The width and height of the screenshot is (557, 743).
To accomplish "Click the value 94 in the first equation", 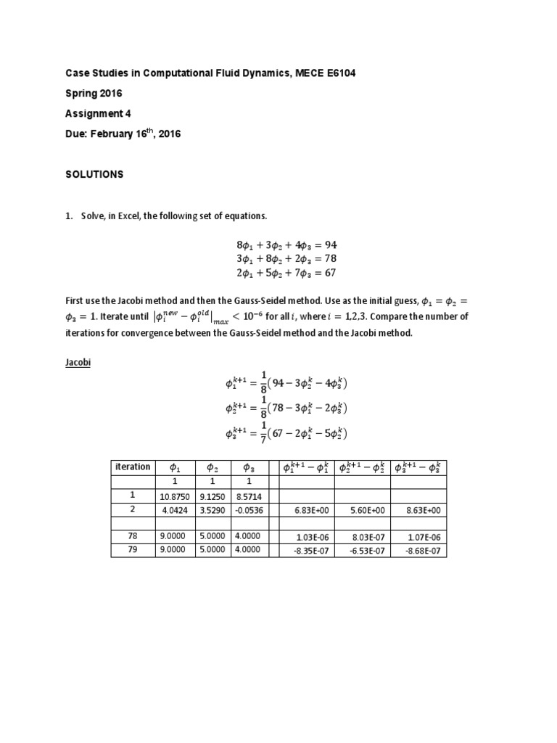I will click(331, 245).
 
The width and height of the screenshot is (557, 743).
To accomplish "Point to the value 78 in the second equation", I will click(331, 259).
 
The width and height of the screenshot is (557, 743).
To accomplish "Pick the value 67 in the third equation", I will click(331, 274).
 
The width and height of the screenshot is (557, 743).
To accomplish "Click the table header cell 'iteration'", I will click(133, 467).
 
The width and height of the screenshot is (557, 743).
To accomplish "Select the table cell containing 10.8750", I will click(175, 496).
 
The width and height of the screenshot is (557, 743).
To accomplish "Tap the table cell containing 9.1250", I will click(213, 496).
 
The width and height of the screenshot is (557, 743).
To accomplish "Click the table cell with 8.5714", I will click(249, 496).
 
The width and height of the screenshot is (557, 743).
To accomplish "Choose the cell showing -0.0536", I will click(249, 510).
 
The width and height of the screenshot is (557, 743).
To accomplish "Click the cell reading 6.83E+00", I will click(313, 510).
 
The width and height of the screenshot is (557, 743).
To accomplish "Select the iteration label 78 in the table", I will click(133, 536).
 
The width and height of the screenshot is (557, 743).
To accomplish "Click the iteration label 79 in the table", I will click(133, 550).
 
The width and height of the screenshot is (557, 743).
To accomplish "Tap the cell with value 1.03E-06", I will click(313, 537).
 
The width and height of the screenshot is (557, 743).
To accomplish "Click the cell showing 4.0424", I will click(175, 510).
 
